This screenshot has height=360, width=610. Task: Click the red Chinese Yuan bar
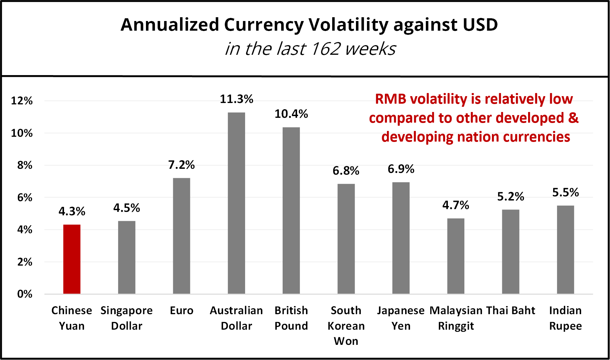click(72, 259)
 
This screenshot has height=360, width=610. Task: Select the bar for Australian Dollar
click(236, 203)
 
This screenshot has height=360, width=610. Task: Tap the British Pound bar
click(291, 210)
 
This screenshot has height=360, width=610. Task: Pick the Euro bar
click(181, 236)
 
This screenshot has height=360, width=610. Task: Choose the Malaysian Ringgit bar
click(456, 256)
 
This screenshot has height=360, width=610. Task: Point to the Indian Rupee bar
click(565, 250)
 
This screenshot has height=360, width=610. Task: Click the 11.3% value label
click(236, 99)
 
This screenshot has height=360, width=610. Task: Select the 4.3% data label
click(72, 211)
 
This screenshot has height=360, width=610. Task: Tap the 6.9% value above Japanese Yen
click(401, 169)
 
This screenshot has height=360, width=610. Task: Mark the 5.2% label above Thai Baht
click(511, 196)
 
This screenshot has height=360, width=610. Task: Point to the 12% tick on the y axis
click(22, 101)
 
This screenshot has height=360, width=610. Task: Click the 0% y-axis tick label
click(25, 294)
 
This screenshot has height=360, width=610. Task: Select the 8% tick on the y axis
click(25, 165)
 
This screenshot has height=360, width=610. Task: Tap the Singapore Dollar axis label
click(127, 318)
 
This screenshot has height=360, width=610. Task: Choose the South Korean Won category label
click(346, 326)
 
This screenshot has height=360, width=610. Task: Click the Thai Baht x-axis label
click(511, 310)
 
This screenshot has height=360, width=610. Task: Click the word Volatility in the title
click(348, 25)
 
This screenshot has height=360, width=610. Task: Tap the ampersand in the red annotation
click(573, 118)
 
